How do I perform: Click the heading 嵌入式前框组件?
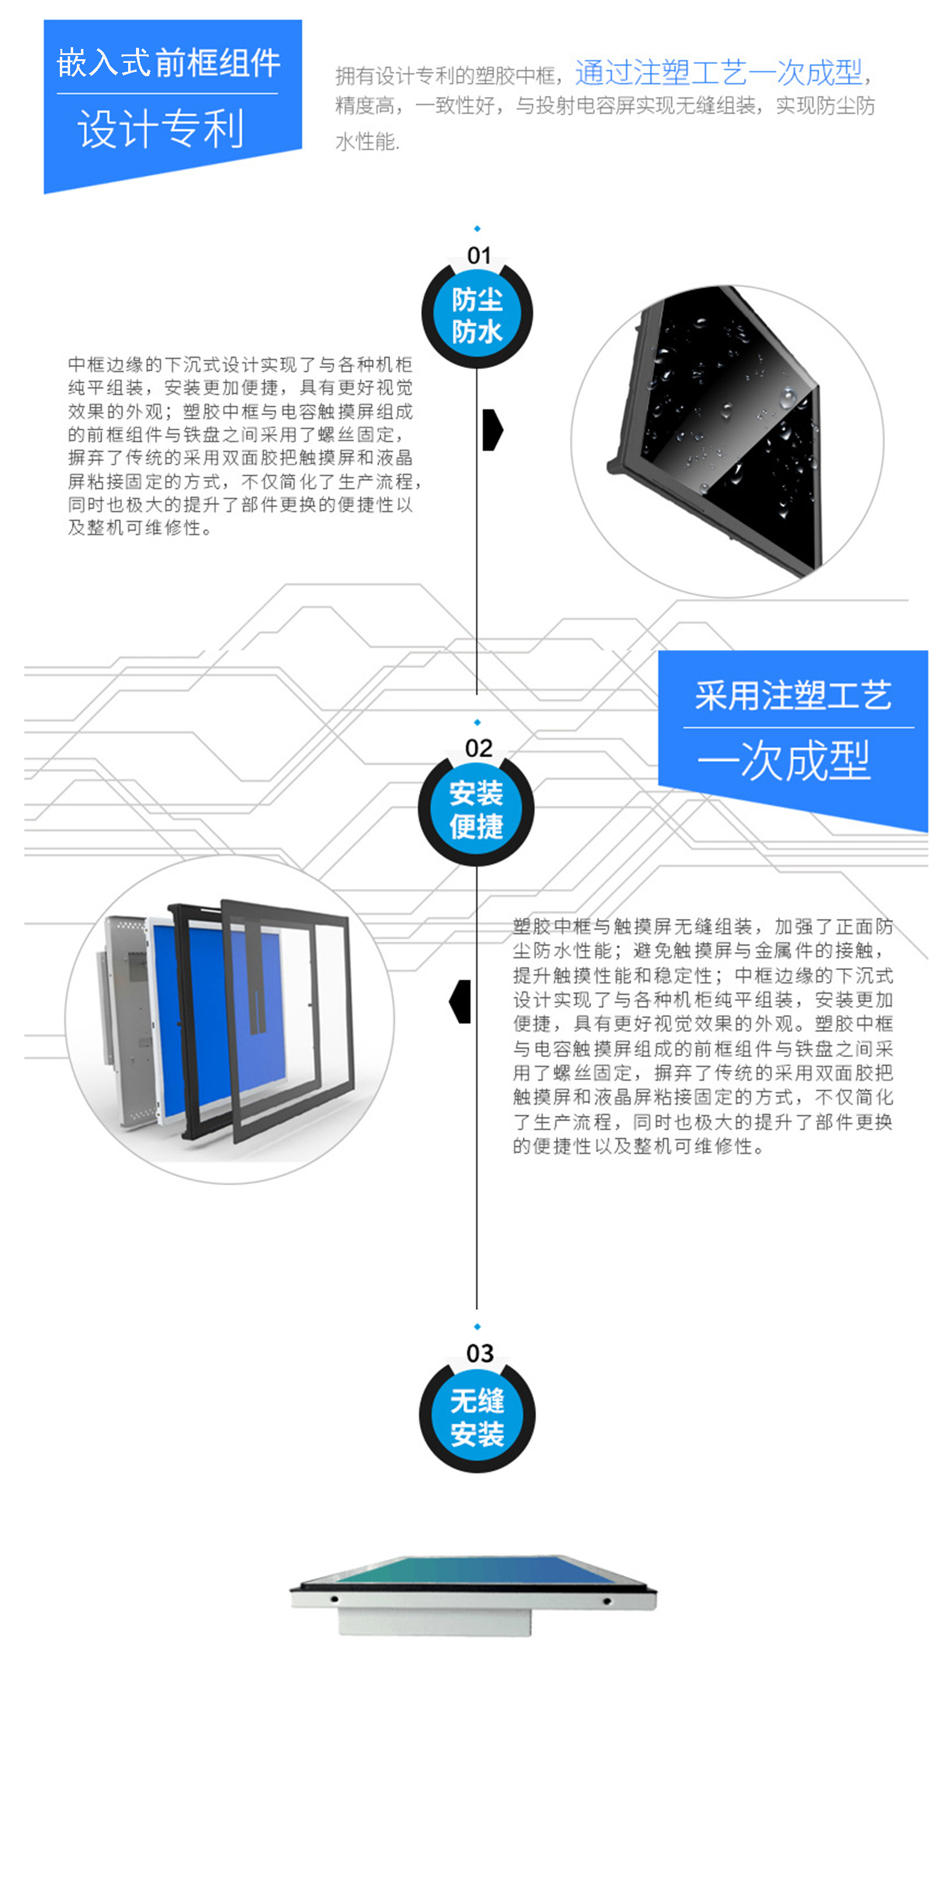[169, 63]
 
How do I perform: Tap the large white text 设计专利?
[161, 129]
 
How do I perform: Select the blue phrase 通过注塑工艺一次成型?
[719, 73]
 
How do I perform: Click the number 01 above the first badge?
[479, 256]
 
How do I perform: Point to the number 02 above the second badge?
[479, 748]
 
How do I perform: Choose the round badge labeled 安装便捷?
[477, 810]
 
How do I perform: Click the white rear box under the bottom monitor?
[435, 1622]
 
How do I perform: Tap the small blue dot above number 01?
[478, 229]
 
